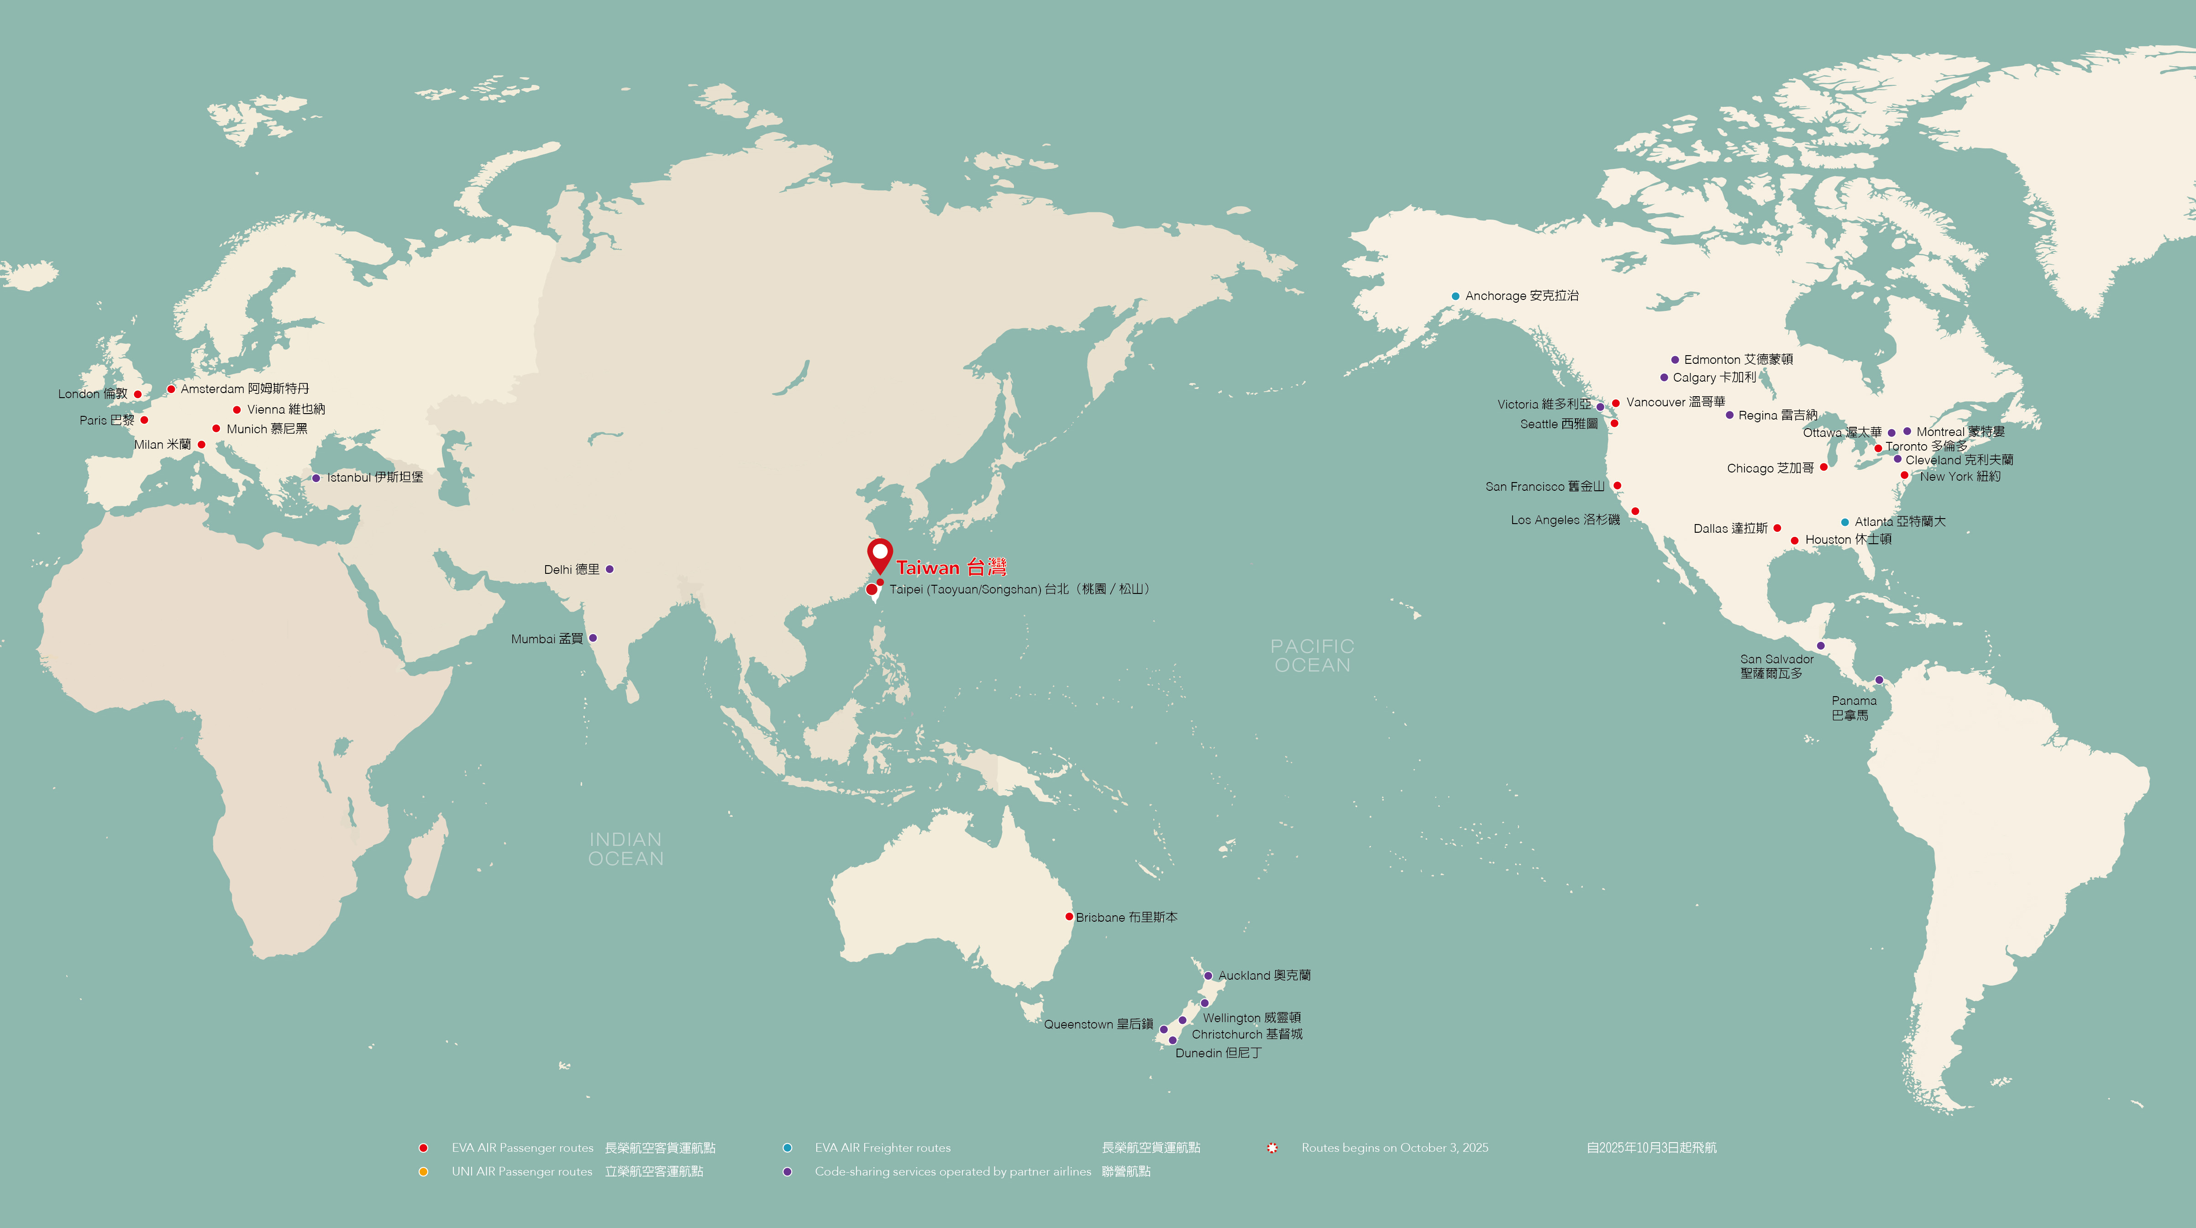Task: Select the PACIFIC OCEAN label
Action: click(x=1312, y=656)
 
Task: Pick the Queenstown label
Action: click(x=1098, y=1024)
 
